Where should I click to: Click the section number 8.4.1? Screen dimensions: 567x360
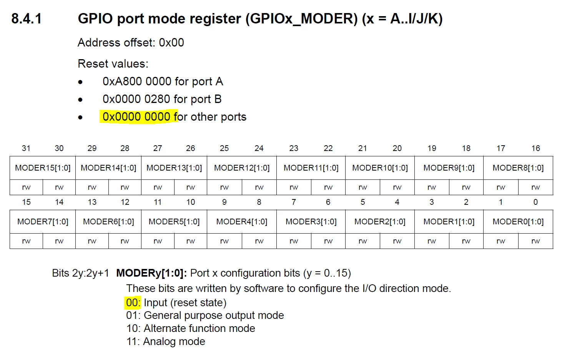[26, 19]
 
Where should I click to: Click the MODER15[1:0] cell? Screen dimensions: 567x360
[43, 168]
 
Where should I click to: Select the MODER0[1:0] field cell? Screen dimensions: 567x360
[518, 222]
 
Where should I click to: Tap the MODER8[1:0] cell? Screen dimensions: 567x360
[518, 168]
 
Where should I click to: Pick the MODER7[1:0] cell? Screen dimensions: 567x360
[43, 222]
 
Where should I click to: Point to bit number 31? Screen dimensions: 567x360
[26, 148]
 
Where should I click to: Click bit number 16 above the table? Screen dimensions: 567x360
[535, 148]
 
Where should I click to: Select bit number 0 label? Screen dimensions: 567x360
[535, 202]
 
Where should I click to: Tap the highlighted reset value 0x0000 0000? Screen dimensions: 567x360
[136, 117]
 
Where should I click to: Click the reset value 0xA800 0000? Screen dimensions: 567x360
[137, 81]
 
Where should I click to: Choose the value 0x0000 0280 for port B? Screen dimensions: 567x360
[136, 99]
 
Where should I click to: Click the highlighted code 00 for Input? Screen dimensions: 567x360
[132, 303]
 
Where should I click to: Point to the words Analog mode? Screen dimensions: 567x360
[174, 342]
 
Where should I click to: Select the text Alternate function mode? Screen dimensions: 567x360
[200, 328]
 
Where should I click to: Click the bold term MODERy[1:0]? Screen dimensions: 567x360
[151, 273]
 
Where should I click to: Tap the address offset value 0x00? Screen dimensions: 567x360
[171, 43]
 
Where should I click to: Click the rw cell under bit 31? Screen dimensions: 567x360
[26, 187]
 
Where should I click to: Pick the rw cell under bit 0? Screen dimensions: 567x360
[535, 241]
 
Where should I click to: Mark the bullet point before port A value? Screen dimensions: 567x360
[80, 82]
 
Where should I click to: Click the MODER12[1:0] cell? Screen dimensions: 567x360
[242, 168]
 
